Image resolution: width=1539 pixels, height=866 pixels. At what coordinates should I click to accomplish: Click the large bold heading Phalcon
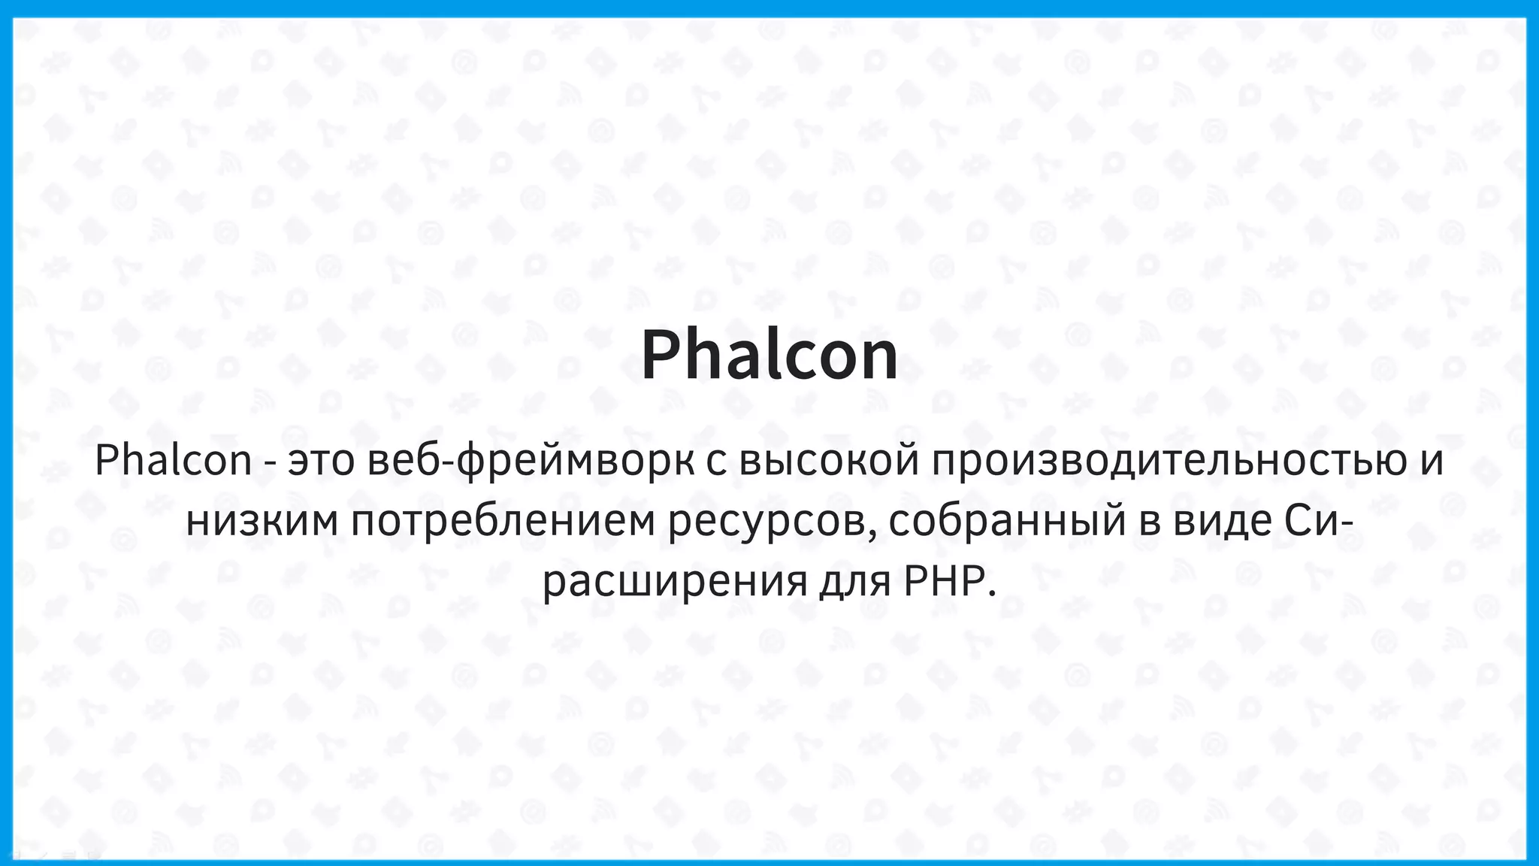click(769, 356)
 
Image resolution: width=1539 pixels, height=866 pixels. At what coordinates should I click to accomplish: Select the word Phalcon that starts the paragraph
click(173, 460)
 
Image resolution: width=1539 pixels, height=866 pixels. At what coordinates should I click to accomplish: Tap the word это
click(321, 461)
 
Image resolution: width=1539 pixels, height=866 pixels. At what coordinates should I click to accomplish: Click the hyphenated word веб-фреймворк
click(531, 461)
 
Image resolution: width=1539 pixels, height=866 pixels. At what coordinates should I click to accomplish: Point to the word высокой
click(830, 461)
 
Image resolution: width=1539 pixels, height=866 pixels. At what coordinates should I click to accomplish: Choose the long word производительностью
click(1170, 461)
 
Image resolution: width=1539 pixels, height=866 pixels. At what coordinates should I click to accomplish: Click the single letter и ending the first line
click(1432, 461)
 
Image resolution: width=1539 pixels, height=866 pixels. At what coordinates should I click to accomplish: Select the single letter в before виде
click(1149, 521)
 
